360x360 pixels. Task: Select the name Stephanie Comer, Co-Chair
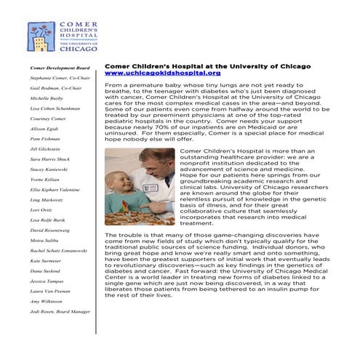(x=60, y=77)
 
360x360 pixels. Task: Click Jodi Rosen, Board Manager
(x=60, y=311)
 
